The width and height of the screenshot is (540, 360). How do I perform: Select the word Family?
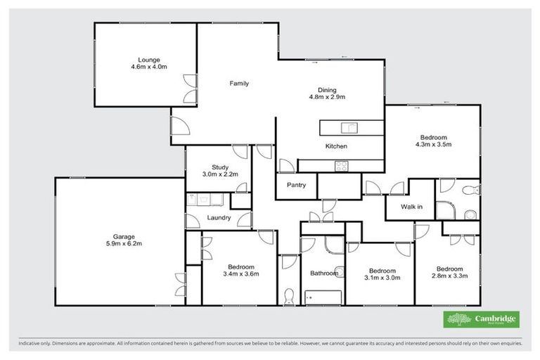tap(240, 84)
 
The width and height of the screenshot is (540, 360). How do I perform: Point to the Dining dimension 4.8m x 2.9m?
tap(327, 97)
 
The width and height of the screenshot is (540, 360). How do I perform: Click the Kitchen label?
tap(335, 146)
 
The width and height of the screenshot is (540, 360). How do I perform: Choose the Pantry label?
tap(295, 185)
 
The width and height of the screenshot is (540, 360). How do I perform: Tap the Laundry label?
tap(219, 218)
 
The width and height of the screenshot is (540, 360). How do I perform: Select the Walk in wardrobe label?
tap(411, 207)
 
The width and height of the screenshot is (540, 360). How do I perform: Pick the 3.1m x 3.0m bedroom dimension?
tap(382, 277)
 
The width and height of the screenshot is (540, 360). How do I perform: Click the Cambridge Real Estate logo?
tap(482, 320)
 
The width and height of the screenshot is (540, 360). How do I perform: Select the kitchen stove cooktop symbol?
tap(341, 166)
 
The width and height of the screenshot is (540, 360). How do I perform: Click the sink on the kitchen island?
tap(349, 127)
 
